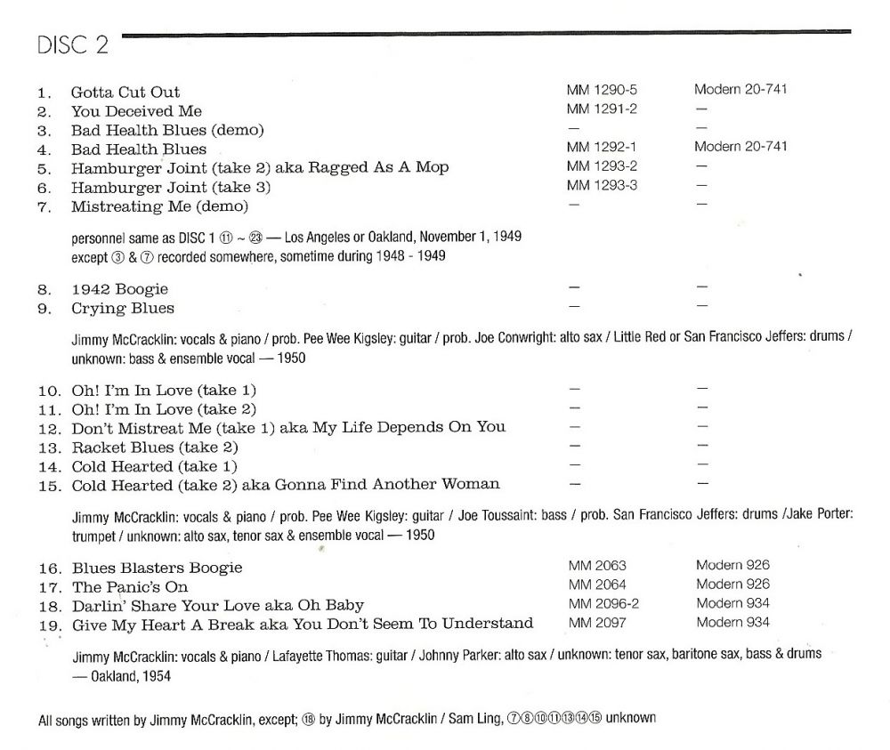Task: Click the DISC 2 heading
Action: (x=73, y=45)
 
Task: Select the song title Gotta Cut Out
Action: (x=125, y=92)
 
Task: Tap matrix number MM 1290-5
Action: (x=603, y=90)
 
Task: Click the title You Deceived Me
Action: (x=136, y=111)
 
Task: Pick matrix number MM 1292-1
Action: (x=603, y=146)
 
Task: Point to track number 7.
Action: (x=45, y=206)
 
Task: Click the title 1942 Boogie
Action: (x=119, y=289)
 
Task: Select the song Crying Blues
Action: (x=123, y=309)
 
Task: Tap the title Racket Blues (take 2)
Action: (x=155, y=447)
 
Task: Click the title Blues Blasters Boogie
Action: (x=157, y=568)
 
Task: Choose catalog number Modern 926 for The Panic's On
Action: (x=733, y=585)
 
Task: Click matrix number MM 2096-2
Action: (x=603, y=603)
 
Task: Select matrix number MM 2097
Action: (x=597, y=622)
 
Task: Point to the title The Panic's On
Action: (x=130, y=587)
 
